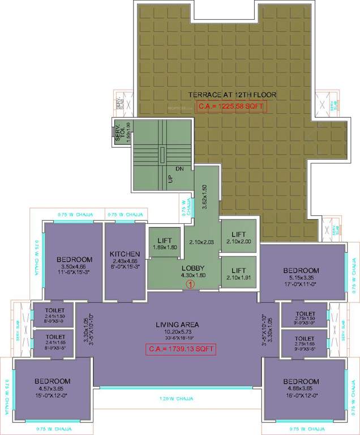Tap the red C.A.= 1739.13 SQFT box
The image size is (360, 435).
pos(182,348)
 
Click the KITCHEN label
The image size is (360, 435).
pos(125,254)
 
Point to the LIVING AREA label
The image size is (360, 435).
pos(179,325)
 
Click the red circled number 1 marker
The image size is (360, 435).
pos(191,284)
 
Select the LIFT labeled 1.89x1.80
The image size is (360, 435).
pos(165,240)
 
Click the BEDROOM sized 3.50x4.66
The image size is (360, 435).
pos(74,260)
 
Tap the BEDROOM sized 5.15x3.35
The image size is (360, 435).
pos(301,271)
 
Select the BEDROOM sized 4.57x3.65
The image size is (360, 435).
pos(52,381)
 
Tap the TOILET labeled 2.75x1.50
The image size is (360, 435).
pos(305,313)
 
